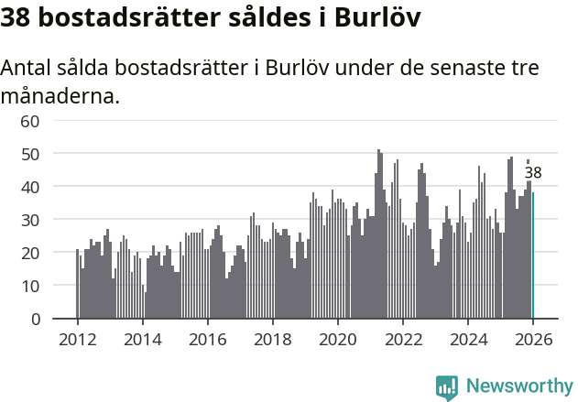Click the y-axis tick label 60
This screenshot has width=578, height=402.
pos(30,121)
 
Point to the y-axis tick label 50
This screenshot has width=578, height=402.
pos(30,154)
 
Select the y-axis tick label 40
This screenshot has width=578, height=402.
pos(30,187)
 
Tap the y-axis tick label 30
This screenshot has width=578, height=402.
pos(30,220)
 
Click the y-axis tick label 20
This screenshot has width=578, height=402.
pos(30,253)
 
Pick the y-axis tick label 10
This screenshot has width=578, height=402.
pos(30,286)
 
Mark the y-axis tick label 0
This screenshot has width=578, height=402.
pos(36,319)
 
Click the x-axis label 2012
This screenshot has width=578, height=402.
pos(77,339)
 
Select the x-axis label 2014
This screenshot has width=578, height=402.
pos(142,339)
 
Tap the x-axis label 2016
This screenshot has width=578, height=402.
pos(207,339)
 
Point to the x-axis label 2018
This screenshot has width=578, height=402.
pos(272,339)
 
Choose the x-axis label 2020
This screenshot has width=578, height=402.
pos(337,339)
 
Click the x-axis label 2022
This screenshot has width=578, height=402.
pos(402,339)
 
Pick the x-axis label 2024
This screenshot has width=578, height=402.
pos(467,339)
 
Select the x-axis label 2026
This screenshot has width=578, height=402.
pos(532,339)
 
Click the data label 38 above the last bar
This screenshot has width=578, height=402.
pos(533,173)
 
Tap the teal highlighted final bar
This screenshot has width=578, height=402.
pos(533,255)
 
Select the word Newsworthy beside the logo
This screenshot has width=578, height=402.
pos(518,386)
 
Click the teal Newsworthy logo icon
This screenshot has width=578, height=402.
pos(447,387)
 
